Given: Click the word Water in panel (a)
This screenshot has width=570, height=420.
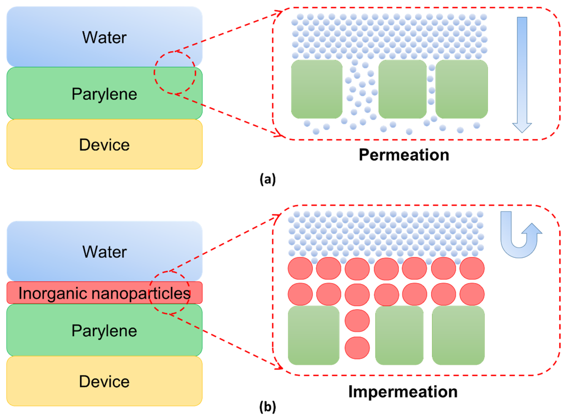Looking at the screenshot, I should [104, 38].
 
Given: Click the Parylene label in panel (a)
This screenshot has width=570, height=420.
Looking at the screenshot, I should [104, 94].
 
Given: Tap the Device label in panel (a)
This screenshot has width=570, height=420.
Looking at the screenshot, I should [104, 145].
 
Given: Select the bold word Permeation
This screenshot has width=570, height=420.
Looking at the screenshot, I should [404, 155].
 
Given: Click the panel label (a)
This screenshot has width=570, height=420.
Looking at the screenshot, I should [268, 180].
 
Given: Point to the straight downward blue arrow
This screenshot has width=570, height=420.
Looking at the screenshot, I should [522, 74].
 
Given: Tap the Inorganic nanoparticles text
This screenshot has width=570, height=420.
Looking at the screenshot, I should [104, 293].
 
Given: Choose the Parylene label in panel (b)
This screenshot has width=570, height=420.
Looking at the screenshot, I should [104, 331].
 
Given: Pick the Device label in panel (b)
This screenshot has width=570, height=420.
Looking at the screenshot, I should [104, 382].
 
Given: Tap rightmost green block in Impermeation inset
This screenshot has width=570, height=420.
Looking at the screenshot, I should [458, 335].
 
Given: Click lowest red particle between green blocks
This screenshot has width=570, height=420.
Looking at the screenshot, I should [357, 348].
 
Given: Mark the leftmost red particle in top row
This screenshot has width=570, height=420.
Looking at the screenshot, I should [300, 268].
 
